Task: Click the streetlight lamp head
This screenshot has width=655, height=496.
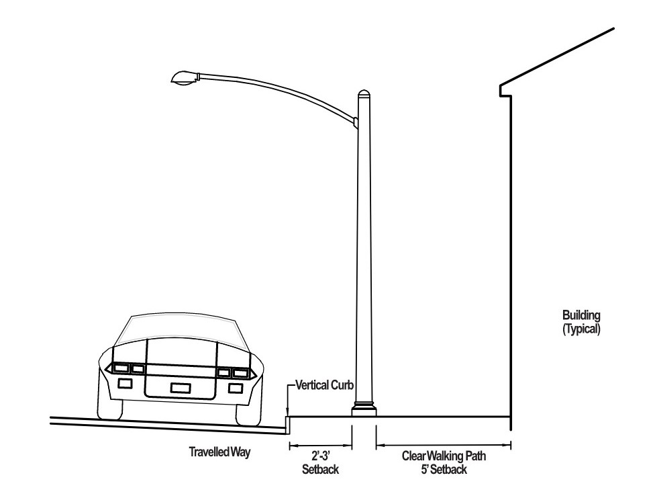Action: pos(184,78)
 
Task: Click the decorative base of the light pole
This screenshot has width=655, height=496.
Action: pos(364,409)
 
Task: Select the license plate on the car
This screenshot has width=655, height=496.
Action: pos(181,388)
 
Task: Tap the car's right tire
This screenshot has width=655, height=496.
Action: pos(248,414)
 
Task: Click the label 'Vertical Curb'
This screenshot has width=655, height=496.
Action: pos(325,384)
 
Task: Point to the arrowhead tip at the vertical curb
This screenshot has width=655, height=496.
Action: pos(287,416)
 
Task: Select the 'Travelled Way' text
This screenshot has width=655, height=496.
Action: pos(219,452)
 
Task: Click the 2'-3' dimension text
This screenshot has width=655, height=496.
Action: pos(321,456)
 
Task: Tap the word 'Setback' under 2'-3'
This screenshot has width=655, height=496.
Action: pos(320,469)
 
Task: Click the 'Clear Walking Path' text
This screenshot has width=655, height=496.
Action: pos(444,456)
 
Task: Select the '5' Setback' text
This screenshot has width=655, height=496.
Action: pos(444,469)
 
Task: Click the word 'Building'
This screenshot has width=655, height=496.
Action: pos(581,316)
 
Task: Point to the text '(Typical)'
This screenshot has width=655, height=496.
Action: pos(581,329)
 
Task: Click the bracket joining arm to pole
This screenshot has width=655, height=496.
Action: pos(356,122)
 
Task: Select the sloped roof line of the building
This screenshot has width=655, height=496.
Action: pos(557,57)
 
